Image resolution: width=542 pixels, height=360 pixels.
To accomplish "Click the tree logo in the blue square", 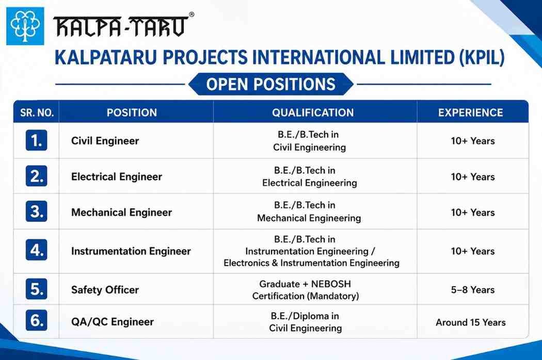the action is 25,26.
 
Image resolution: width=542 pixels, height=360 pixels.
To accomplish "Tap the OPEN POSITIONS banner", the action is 270,84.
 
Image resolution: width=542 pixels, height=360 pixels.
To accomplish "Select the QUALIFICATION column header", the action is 313,112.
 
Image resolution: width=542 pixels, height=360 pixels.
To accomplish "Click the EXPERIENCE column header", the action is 470,112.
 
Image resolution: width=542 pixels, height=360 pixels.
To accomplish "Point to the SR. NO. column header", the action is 37,112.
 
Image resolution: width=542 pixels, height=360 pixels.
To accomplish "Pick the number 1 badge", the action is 36,140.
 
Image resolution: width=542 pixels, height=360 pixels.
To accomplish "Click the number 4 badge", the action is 36,250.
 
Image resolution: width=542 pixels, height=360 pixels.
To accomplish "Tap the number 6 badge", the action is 36,320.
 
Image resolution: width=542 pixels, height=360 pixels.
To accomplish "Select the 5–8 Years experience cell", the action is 472,290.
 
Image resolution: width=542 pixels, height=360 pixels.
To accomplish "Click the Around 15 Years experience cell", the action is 470,322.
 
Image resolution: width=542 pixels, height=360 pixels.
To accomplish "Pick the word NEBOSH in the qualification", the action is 331,284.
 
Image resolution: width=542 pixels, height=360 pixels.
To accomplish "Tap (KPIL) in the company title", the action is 482,57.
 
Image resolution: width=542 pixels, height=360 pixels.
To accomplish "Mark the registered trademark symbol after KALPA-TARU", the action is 192,14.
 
